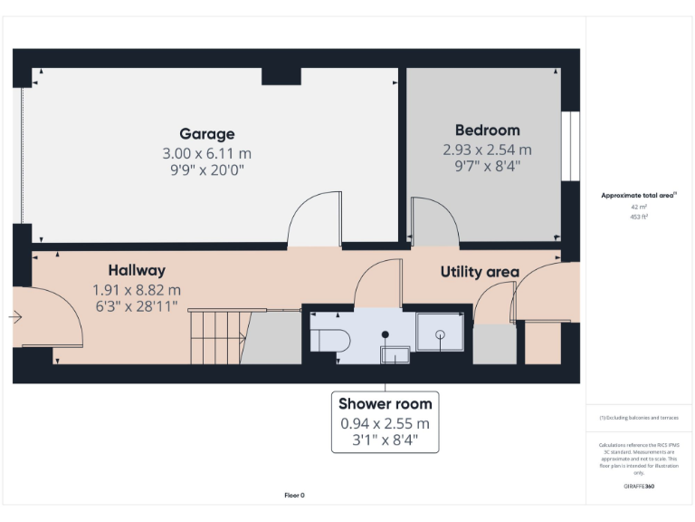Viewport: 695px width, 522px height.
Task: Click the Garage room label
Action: pyautogui.click(x=206, y=134)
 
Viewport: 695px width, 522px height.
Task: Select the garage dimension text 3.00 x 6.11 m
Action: pyautogui.click(x=206, y=153)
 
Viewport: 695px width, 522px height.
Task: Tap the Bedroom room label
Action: pyautogui.click(x=487, y=130)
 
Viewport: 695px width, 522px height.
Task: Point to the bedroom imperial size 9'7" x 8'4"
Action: pyautogui.click(x=487, y=166)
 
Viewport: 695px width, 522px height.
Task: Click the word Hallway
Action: pyautogui.click(x=137, y=270)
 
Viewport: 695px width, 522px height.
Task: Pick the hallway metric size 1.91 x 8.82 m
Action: pyautogui.click(x=137, y=290)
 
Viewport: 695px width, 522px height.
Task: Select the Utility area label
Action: pyautogui.click(x=480, y=272)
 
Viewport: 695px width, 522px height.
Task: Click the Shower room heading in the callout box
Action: pyautogui.click(x=386, y=404)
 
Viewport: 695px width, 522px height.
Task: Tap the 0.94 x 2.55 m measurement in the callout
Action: pyautogui.click(x=386, y=423)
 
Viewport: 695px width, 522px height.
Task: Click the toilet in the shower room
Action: pyautogui.click(x=328, y=338)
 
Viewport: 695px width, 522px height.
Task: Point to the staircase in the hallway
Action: pyautogui.click(x=217, y=336)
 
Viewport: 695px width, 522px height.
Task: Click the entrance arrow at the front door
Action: pyautogui.click(x=15, y=317)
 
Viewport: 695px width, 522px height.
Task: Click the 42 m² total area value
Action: pyautogui.click(x=639, y=207)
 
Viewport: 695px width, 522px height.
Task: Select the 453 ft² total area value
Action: pyautogui.click(x=639, y=217)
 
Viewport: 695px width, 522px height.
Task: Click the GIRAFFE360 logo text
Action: pyautogui.click(x=639, y=487)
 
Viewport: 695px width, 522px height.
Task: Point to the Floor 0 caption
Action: pyautogui.click(x=295, y=495)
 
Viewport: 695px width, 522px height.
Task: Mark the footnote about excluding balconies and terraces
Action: pyautogui.click(x=639, y=418)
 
